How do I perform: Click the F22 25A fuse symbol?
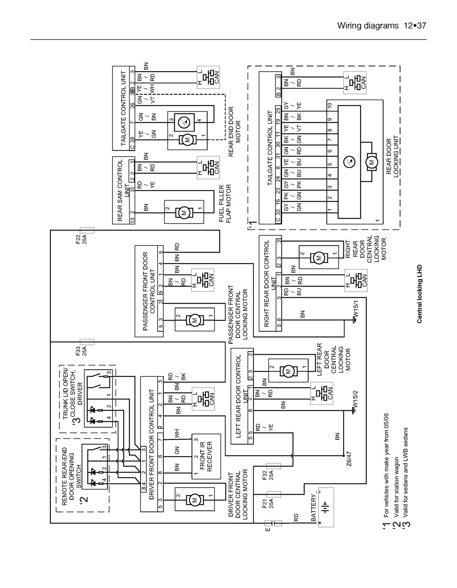point(87,230)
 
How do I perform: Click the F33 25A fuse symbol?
point(87,342)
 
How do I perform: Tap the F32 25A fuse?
point(273,466)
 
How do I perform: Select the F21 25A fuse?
point(273,494)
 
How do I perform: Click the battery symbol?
point(326,507)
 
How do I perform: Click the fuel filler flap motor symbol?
point(184,213)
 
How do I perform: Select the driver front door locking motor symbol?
point(194,500)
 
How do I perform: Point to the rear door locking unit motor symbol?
point(371,162)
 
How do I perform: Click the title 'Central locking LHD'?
point(420,293)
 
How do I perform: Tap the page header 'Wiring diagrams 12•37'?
point(381,26)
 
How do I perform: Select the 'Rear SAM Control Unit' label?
point(123,190)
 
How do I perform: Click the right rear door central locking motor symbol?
point(318,258)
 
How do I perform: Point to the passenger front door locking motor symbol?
point(195,320)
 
